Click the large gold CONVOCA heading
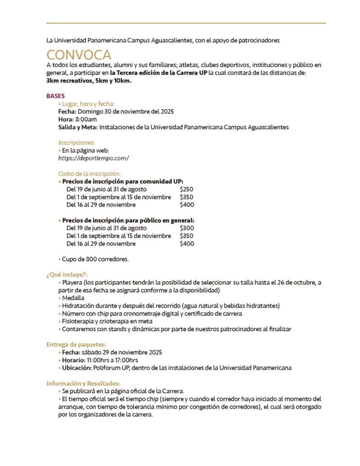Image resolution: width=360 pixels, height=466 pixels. [x=79, y=55]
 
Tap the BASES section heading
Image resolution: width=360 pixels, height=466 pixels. [x=56, y=96]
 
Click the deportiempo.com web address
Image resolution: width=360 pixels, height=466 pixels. [x=93, y=158]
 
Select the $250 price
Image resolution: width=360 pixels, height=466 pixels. [x=187, y=189]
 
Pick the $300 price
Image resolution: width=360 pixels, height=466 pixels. [x=187, y=228]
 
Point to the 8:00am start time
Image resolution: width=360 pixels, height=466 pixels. [x=86, y=119]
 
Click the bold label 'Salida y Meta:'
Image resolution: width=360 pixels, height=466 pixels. [x=78, y=127]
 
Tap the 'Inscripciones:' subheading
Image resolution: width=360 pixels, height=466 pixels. [x=76, y=142]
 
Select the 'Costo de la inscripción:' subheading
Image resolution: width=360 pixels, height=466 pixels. [x=89, y=173]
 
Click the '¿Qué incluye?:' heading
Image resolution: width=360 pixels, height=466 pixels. [x=67, y=274]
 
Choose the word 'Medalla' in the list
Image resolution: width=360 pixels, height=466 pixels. [x=73, y=298]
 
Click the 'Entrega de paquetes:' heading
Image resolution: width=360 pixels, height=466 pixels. [x=76, y=344]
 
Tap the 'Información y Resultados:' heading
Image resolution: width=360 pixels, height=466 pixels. [x=83, y=383]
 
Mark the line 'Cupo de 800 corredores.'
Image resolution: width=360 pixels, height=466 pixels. [x=95, y=259]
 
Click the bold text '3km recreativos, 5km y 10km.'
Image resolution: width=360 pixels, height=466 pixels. [x=89, y=81]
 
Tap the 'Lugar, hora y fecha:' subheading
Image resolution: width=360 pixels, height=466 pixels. [x=88, y=104]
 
